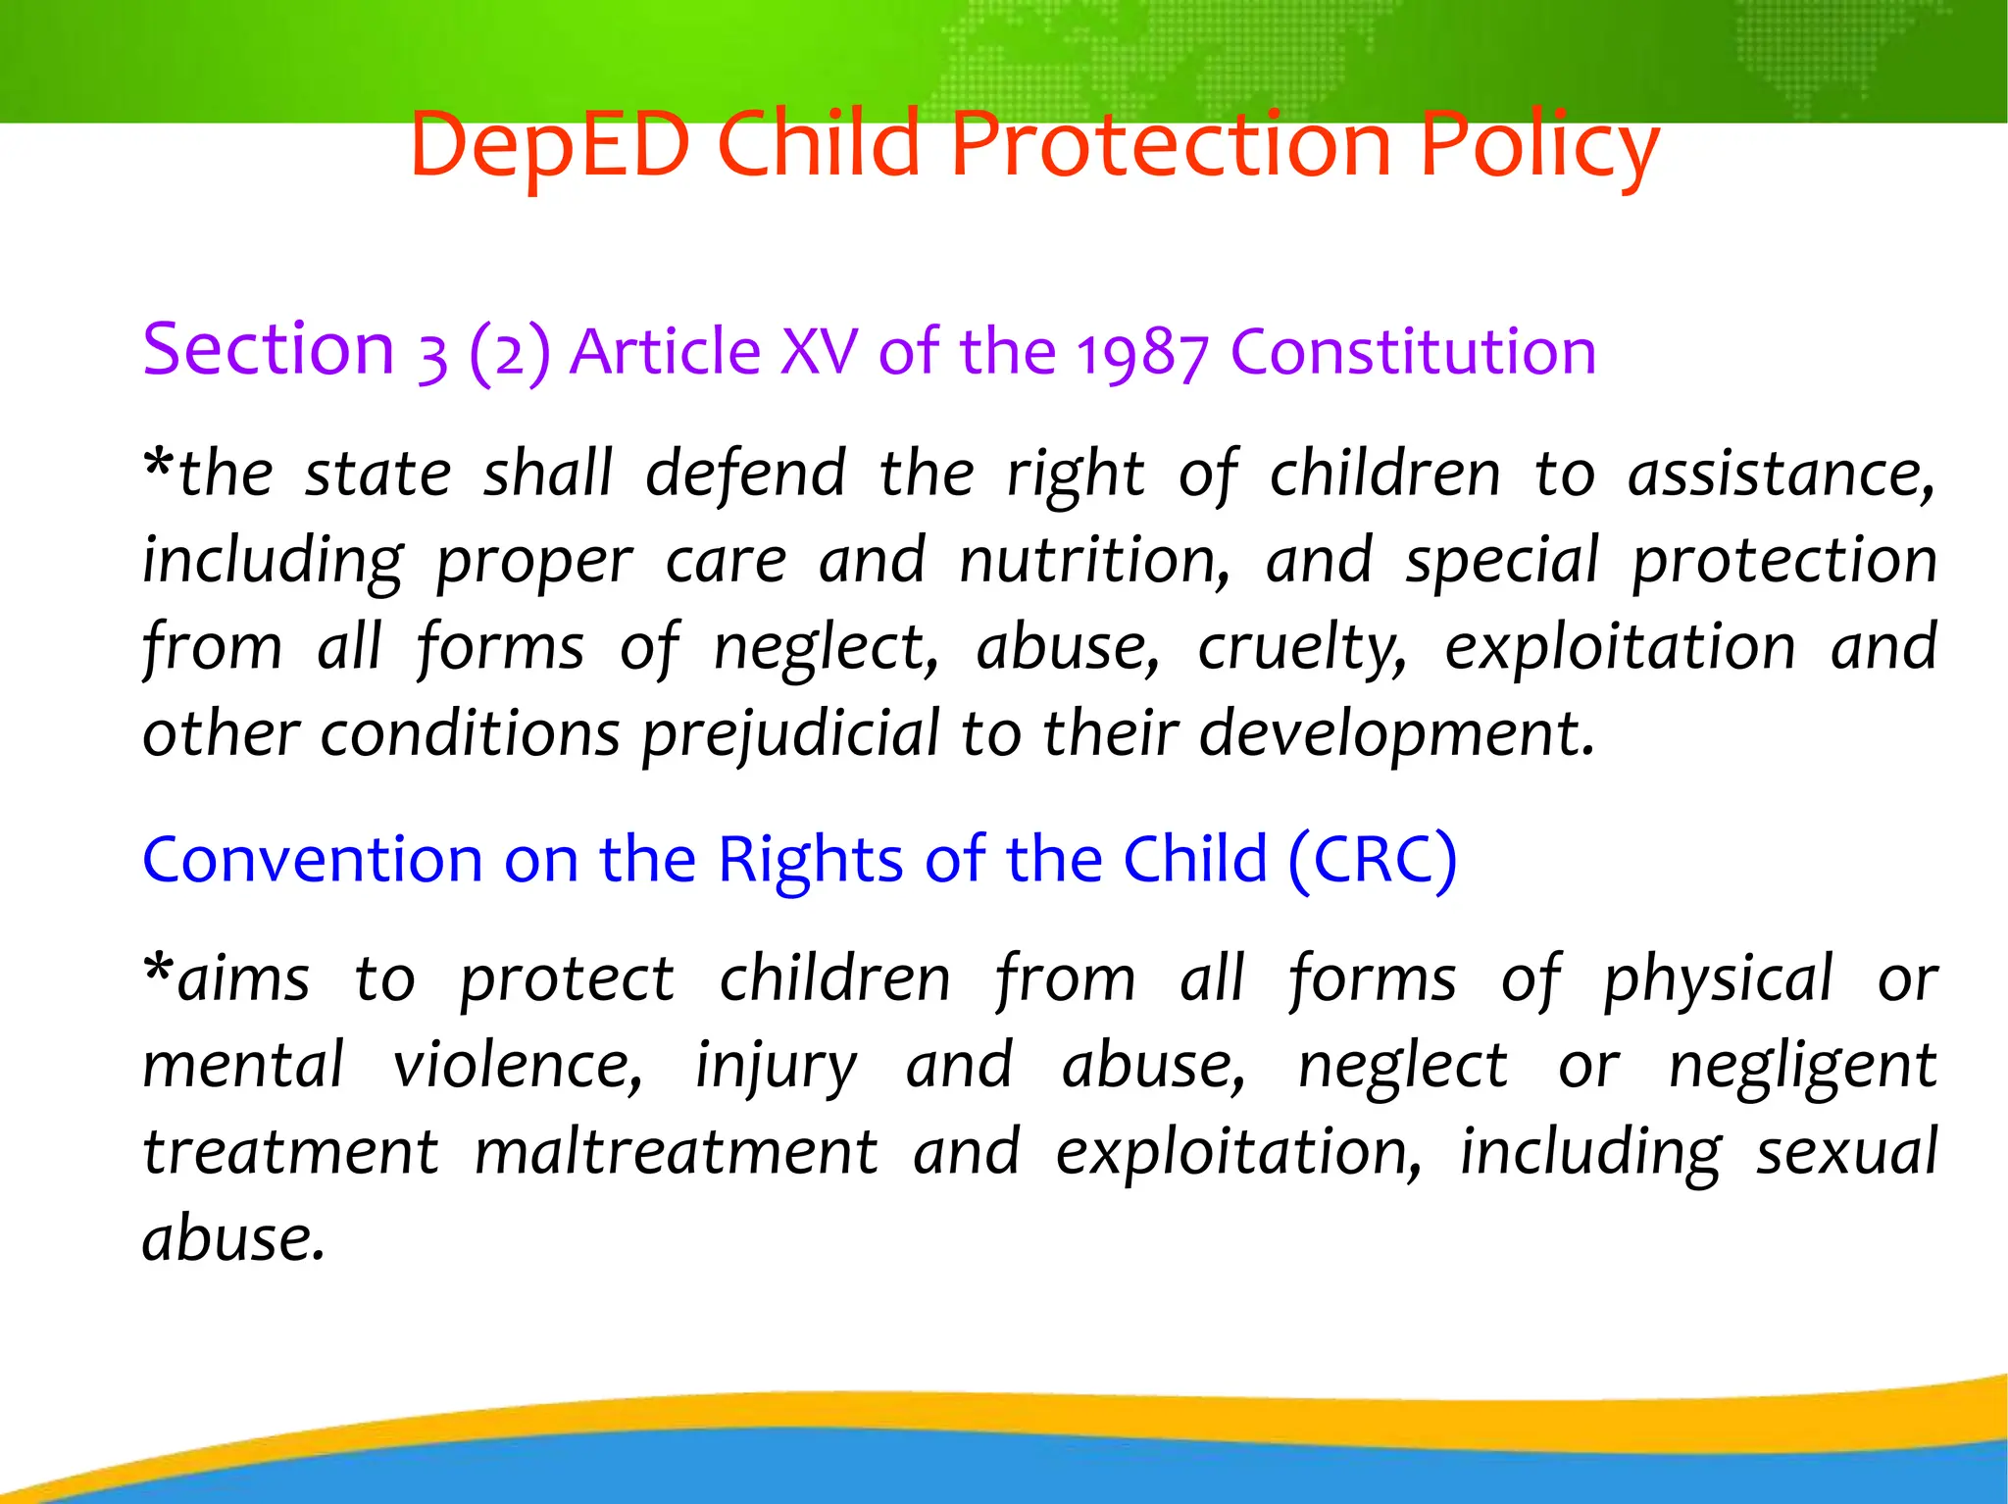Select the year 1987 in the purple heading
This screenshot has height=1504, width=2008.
(1142, 353)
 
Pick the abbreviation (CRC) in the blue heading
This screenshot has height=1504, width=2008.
(1373, 860)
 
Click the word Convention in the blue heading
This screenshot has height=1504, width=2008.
(312, 860)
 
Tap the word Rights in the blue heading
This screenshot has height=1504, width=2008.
(810, 860)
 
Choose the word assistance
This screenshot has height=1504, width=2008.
(1781, 475)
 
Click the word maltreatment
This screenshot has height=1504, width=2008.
(677, 1152)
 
